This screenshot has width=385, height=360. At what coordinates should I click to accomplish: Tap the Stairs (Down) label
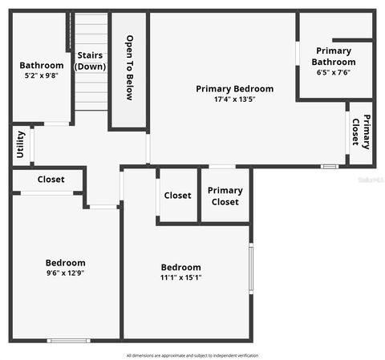click(91, 61)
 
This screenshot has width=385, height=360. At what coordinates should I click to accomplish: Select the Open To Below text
click(129, 68)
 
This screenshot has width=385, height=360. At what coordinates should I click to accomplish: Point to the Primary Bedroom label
click(234, 89)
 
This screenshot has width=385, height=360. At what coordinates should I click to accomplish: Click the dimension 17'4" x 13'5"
click(234, 100)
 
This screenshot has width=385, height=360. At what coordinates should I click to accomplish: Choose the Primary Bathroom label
click(334, 56)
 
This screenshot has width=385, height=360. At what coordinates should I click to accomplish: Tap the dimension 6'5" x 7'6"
click(334, 72)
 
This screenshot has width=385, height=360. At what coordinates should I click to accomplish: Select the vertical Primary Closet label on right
click(361, 133)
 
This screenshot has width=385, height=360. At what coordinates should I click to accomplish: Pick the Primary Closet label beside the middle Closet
click(225, 196)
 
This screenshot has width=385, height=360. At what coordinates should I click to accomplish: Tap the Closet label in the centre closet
click(177, 196)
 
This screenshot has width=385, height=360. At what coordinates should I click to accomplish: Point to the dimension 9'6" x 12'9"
click(65, 273)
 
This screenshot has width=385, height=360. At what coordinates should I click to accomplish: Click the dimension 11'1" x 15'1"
click(180, 277)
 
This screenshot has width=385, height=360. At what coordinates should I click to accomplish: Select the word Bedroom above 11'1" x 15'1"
click(180, 267)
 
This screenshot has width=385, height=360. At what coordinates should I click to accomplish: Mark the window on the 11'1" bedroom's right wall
click(250, 269)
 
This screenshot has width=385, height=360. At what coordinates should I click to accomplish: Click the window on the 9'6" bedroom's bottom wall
click(68, 341)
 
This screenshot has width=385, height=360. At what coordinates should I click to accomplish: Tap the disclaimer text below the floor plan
click(192, 355)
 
